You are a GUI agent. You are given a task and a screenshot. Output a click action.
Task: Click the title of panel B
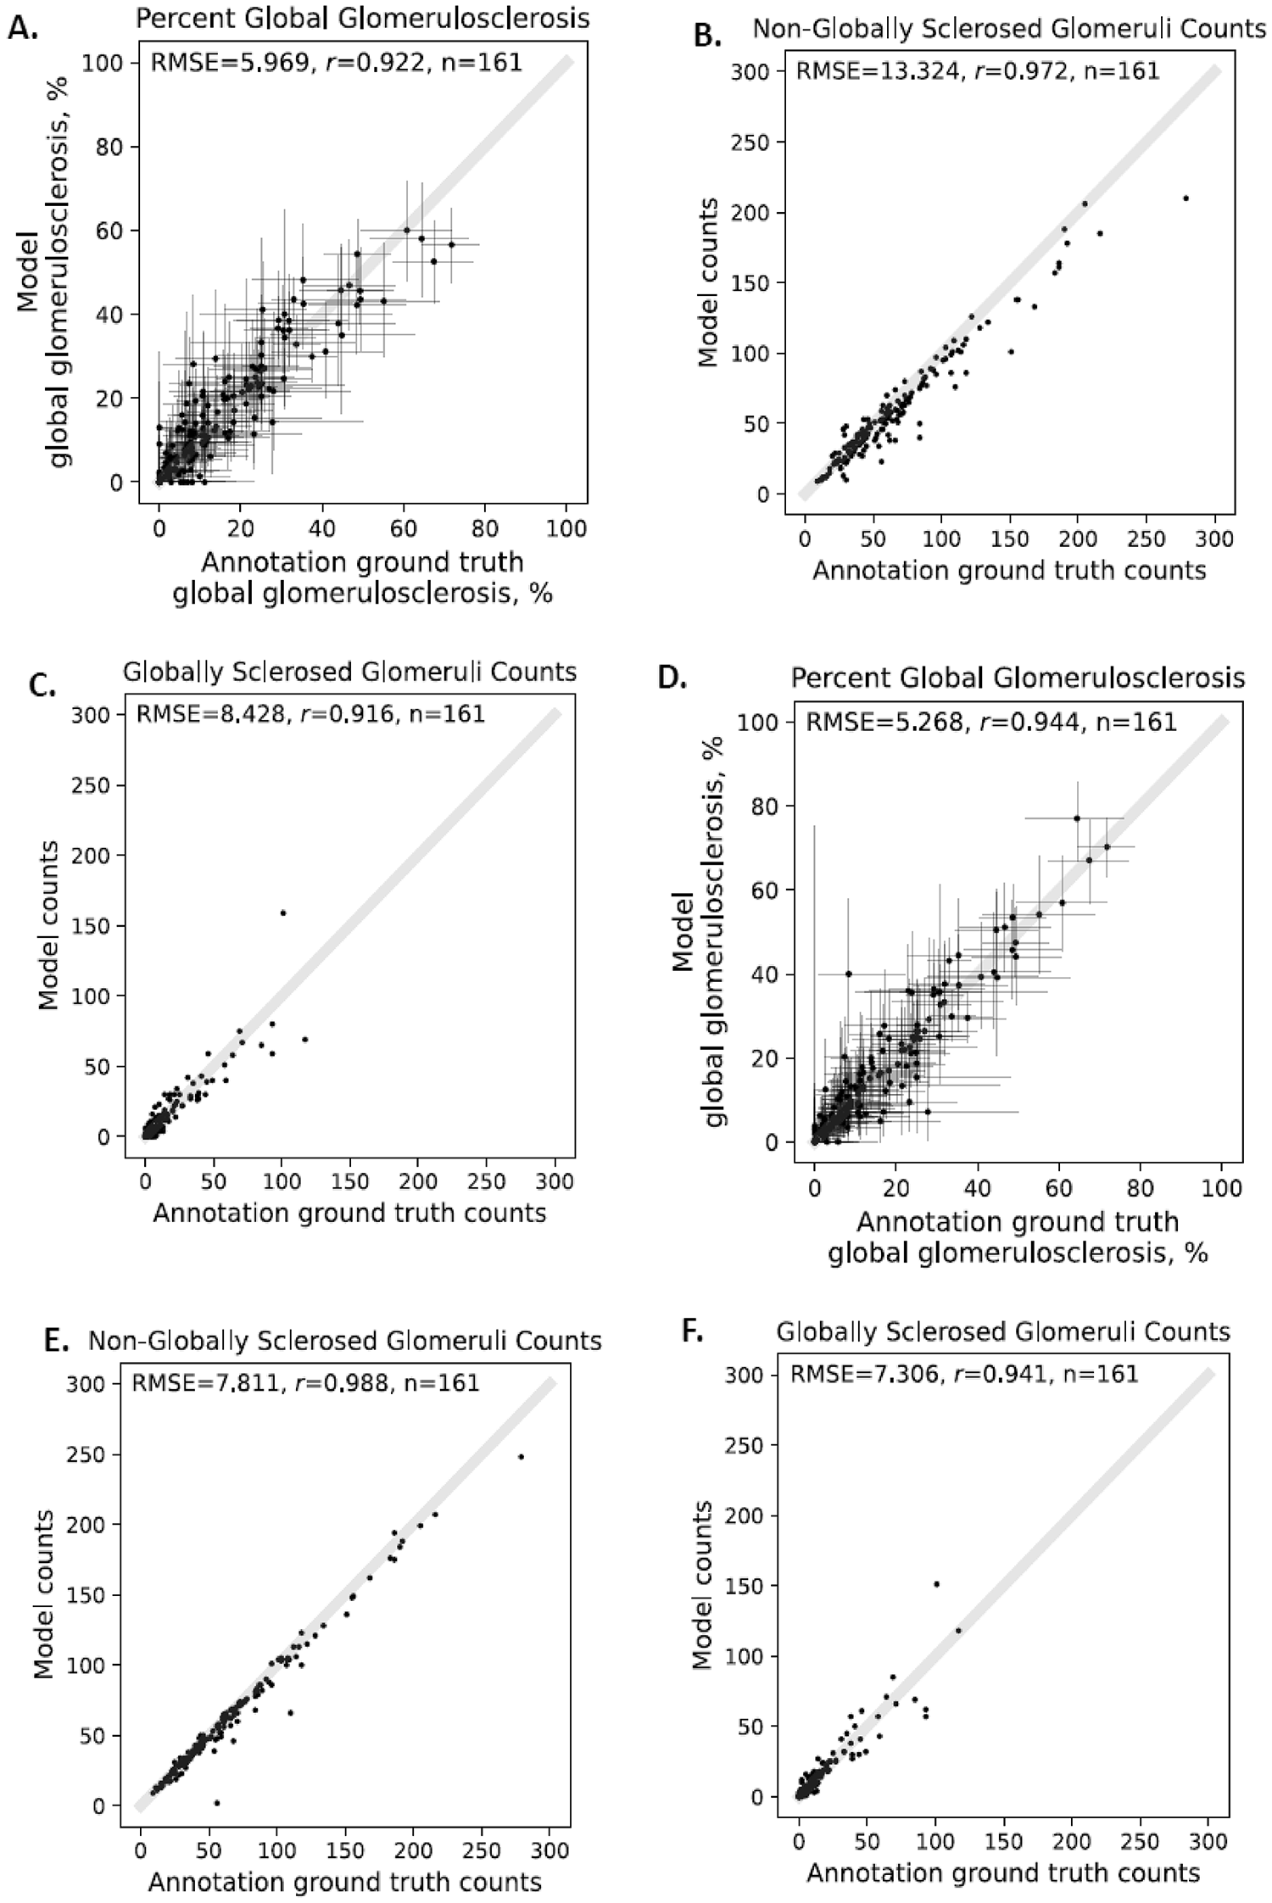point(1009,29)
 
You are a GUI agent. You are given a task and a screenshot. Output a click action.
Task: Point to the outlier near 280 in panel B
point(1186,198)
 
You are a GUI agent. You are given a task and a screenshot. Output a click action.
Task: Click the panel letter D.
point(672,679)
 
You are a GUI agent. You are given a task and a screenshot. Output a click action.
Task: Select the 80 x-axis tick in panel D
point(1141,1188)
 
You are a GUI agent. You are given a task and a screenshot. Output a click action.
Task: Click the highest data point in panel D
point(1077,818)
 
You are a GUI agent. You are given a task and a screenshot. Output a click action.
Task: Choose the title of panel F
point(1003,1332)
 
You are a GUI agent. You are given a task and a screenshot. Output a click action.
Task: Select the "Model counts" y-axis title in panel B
point(708,282)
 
